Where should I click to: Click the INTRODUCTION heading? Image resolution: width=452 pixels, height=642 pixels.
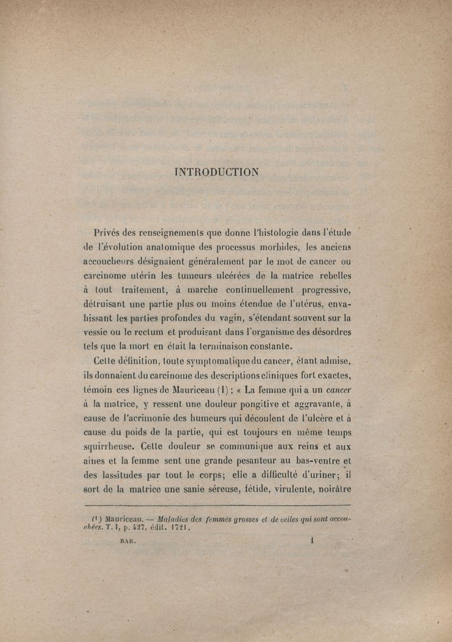tap(218, 172)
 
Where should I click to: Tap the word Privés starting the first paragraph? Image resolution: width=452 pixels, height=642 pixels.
tap(111, 232)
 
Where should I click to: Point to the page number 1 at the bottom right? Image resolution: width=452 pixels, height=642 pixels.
tap(312, 541)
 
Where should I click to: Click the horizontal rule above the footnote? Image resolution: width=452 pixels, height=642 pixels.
tap(217, 506)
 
